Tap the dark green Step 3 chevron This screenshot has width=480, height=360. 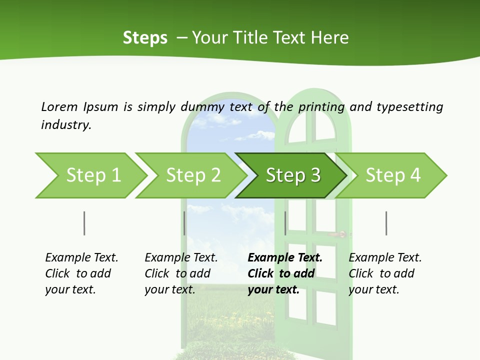pos(292,175)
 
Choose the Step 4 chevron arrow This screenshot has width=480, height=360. pos(392,175)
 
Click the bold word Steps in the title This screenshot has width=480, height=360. pos(145,38)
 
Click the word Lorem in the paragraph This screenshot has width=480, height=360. pos(59,106)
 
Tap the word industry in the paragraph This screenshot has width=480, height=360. pos(66,125)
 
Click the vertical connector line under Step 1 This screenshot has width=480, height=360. pos(84,223)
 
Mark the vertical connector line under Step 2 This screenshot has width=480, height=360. pos(184,223)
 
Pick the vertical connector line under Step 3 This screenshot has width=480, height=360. pos(285,223)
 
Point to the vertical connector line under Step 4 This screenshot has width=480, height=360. pos(386,223)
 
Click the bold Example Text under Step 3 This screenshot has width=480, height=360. pos(285,258)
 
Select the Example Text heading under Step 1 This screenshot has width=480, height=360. pos(81,258)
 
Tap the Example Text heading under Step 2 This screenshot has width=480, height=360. pos(181,258)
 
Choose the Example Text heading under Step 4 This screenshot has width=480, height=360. pos(385,258)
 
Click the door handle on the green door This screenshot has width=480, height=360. pos(340,234)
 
